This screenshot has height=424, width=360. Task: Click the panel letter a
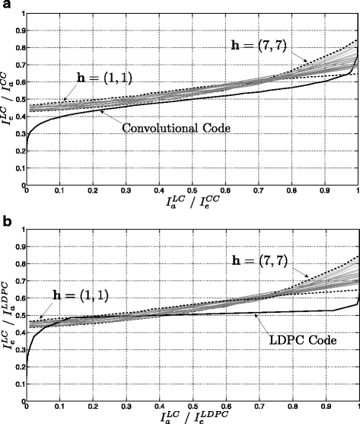tap(5, 6)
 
